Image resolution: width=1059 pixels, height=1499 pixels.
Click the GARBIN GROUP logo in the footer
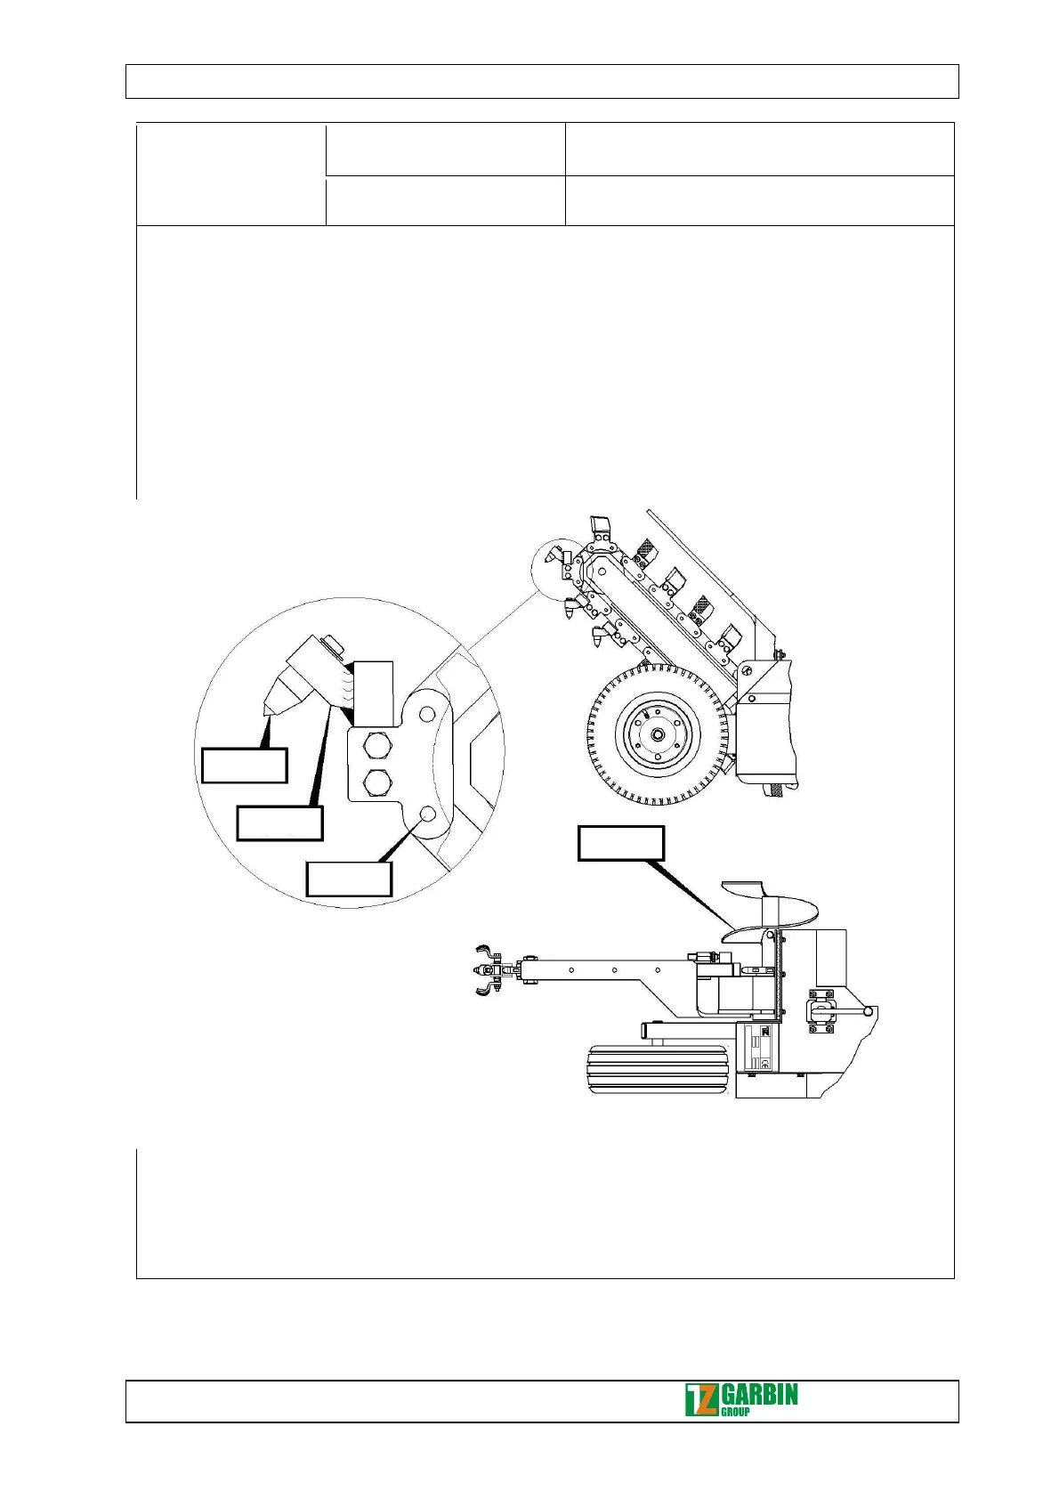click(740, 1399)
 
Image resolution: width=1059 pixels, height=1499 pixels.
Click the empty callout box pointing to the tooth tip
click(244, 766)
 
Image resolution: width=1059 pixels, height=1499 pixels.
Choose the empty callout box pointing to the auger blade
click(620, 843)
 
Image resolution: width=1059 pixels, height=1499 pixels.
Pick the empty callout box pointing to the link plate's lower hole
click(348, 879)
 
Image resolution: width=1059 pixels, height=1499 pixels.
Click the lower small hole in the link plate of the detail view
click(428, 814)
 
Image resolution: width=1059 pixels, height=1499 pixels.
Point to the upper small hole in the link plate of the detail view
click(427, 714)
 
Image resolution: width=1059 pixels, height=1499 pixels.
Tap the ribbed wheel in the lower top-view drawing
click(659, 1070)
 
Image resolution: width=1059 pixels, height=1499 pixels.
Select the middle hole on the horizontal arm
click(615, 970)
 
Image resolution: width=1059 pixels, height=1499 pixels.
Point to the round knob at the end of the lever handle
click(868, 1010)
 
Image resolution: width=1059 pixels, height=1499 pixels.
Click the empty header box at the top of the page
click(541, 81)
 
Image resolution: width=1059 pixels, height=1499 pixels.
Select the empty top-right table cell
click(759, 149)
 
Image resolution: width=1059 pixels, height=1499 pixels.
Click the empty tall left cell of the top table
click(230, 174)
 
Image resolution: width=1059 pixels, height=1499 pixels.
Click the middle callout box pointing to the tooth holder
click(279, 822)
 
